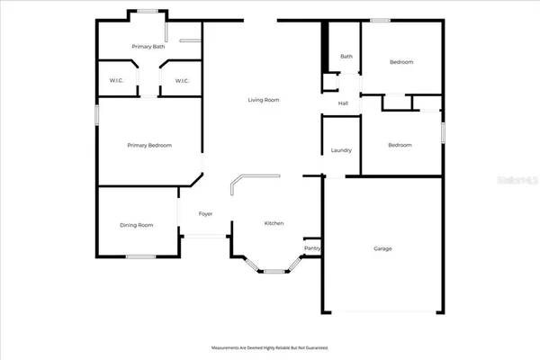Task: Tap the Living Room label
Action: (264, 100)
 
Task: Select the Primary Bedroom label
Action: (149, 145)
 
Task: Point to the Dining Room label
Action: (137, 225)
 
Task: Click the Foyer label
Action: (205, 214)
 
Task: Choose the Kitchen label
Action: (274, 222)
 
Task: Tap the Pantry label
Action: (312, 247)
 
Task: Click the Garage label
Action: (382, 248)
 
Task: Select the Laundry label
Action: (341, 150)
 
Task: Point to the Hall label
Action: (343, 103)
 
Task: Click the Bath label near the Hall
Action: (346, 57)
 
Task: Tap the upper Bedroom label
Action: (400, 62)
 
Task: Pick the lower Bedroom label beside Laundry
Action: (400, 145)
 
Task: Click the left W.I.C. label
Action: (116, 81)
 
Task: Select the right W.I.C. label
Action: (182, 81)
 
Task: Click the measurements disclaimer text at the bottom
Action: (270, 346)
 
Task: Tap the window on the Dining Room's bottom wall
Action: (139, 257)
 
